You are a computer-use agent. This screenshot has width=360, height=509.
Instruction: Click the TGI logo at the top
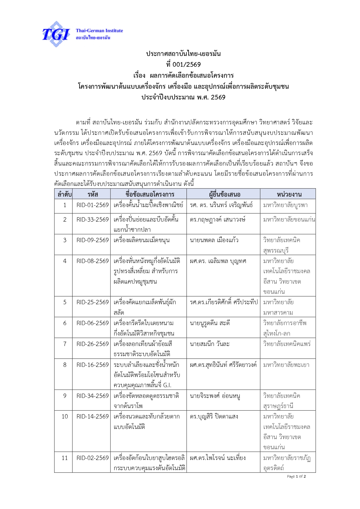pyautogui.click(x=56, y=34)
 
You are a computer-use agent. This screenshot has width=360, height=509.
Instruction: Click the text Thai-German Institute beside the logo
pyautogui.click(x=99, y=30)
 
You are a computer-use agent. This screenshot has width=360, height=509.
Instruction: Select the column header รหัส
pyautogui.click(x=93, y=194)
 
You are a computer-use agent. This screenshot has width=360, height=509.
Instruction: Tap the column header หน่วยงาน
pyautogui.click(x=289, y=194)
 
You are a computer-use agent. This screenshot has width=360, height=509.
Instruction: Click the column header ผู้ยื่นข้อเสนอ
pyautogui.click(x=225, y=194)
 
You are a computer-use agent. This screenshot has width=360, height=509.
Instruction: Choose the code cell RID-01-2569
pyautogui.click(x=93, y=205)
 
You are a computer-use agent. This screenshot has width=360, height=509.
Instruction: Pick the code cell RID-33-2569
pyautogui.click(x=93, y=220)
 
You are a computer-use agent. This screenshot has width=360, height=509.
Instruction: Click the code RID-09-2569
pyautogui.click(x=93, y=240)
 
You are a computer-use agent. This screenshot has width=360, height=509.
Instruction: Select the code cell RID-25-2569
pyautogui.click(x=93, y=302)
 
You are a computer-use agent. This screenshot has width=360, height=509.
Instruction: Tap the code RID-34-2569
pyautogui.click(x=93, y=396)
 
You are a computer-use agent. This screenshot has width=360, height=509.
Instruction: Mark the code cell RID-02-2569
pyautogui.click(x=93, y=458)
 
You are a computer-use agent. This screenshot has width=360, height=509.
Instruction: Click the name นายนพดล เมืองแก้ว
pyautogui.click(x=214, y=240)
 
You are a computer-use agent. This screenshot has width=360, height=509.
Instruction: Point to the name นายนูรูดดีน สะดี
pyautogui.click(x=210, y=323)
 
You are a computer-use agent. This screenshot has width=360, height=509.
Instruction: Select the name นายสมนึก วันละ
pyautogui.click(x=209, y=344)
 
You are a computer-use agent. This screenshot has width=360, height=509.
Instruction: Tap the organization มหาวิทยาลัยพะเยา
pyautogui.click(x=286, y=365)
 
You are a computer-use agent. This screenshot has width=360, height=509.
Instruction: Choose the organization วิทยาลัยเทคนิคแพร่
pyautogui.click(x=287, y=344)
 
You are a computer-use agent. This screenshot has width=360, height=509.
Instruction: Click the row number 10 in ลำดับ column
pyautogui.click(x=65, y=416)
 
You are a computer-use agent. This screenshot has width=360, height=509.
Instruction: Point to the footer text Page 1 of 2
pyautogui.click(x=296, y=477)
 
